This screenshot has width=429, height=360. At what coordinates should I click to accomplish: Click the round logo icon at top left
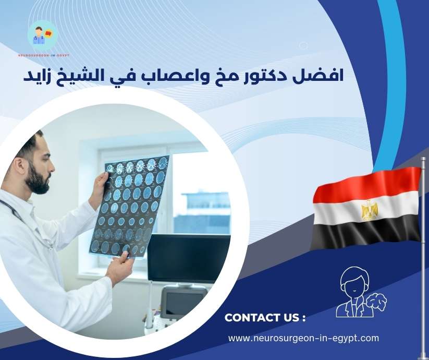[x=42, y=35]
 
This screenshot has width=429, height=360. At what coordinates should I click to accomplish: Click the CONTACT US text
[x=264, y=318]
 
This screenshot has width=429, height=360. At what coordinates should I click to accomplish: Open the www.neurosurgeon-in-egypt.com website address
[x=303, y=338]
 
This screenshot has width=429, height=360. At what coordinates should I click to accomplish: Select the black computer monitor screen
[x=188, y=258]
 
